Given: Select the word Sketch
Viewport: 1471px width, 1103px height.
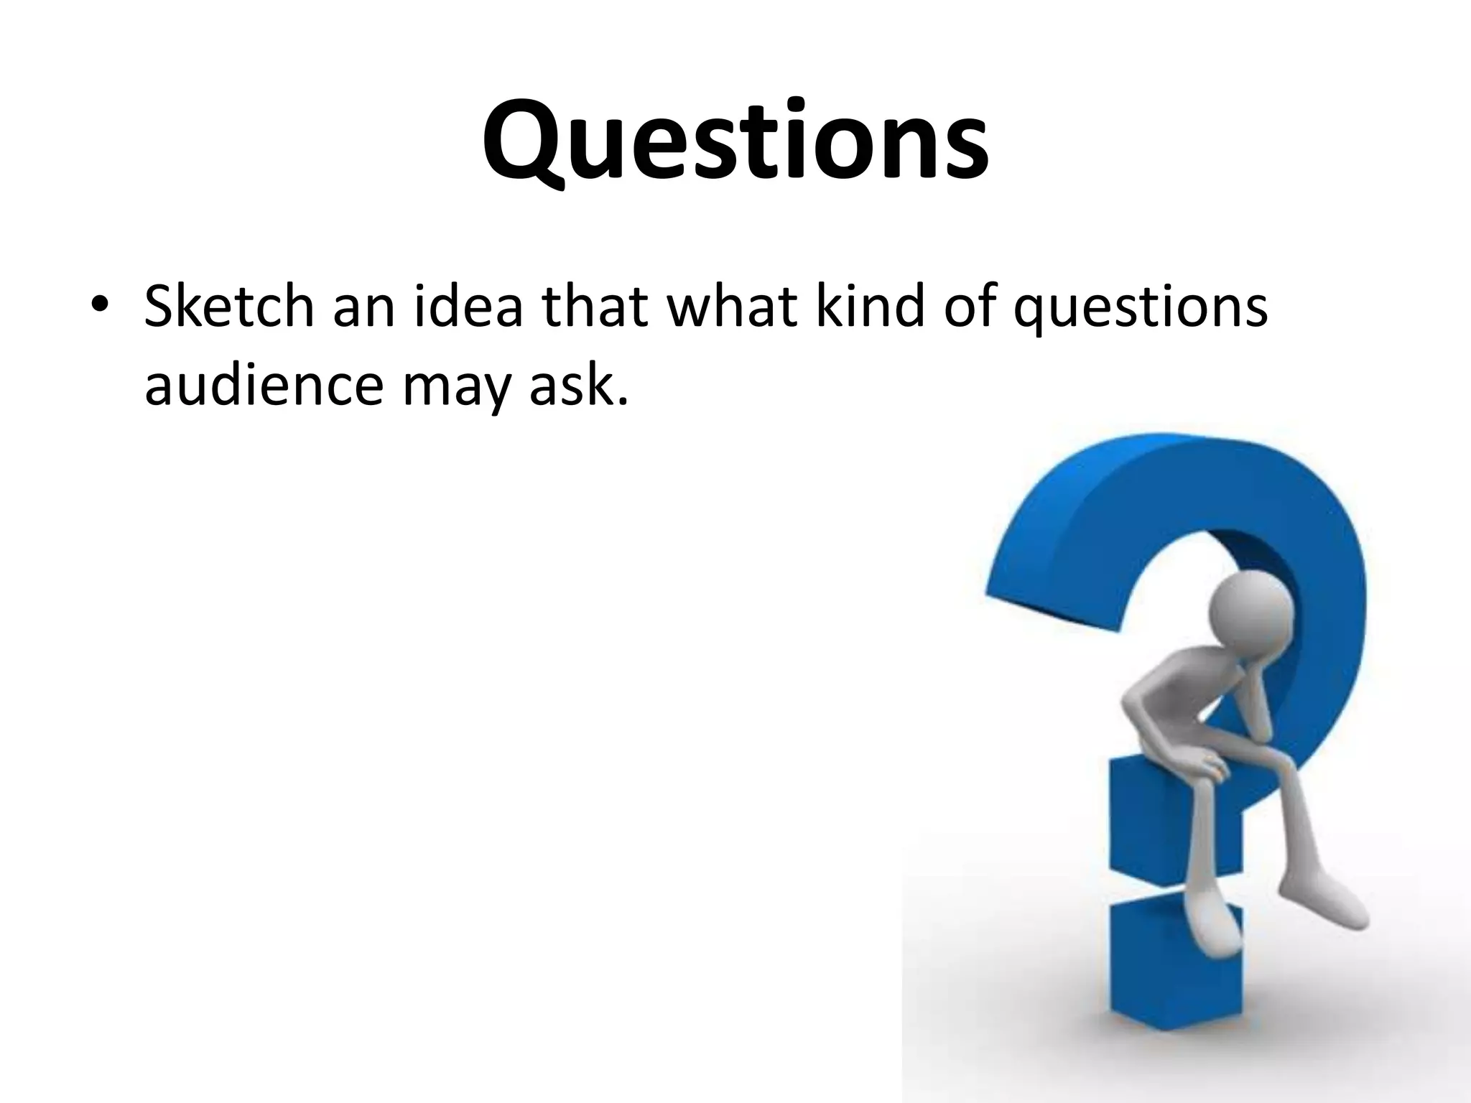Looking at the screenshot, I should coord(229,307).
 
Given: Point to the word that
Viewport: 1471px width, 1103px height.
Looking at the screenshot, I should coord(597,307).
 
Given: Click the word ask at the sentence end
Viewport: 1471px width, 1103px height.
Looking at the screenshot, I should coord(578,385).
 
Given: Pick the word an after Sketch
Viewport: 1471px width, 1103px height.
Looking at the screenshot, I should coord(363,307).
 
